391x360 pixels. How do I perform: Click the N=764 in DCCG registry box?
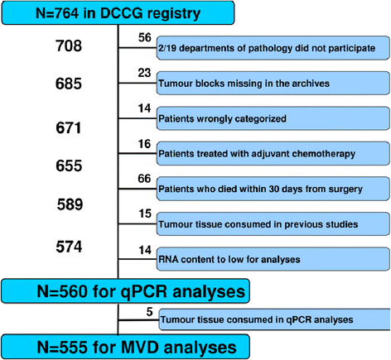tap(118, 13)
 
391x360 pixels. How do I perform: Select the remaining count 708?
tap(69, 46)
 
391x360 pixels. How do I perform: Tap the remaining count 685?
tap(69, 84)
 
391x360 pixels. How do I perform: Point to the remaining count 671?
tap(69, 127)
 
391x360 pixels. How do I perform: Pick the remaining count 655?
tap(69, 166)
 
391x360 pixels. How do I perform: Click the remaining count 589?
tap(70, 204)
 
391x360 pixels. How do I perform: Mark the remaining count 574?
tap(69, 247)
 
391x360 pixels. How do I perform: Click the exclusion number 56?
tap(145, 37)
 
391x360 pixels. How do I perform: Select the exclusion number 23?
tap(144, 73)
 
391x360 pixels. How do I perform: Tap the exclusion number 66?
tap(144, 179)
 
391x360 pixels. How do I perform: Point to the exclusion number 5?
tap(149, 312)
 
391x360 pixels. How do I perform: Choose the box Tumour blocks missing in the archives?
tap(273, 83)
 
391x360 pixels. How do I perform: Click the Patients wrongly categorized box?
tap(273, 118)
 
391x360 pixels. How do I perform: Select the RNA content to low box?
tap(273, 259)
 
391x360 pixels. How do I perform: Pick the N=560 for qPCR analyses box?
tap(126, 291)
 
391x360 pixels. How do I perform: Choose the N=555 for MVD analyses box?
tap(126, 347)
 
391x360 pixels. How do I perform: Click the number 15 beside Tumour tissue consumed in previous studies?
tap(145, 214)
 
